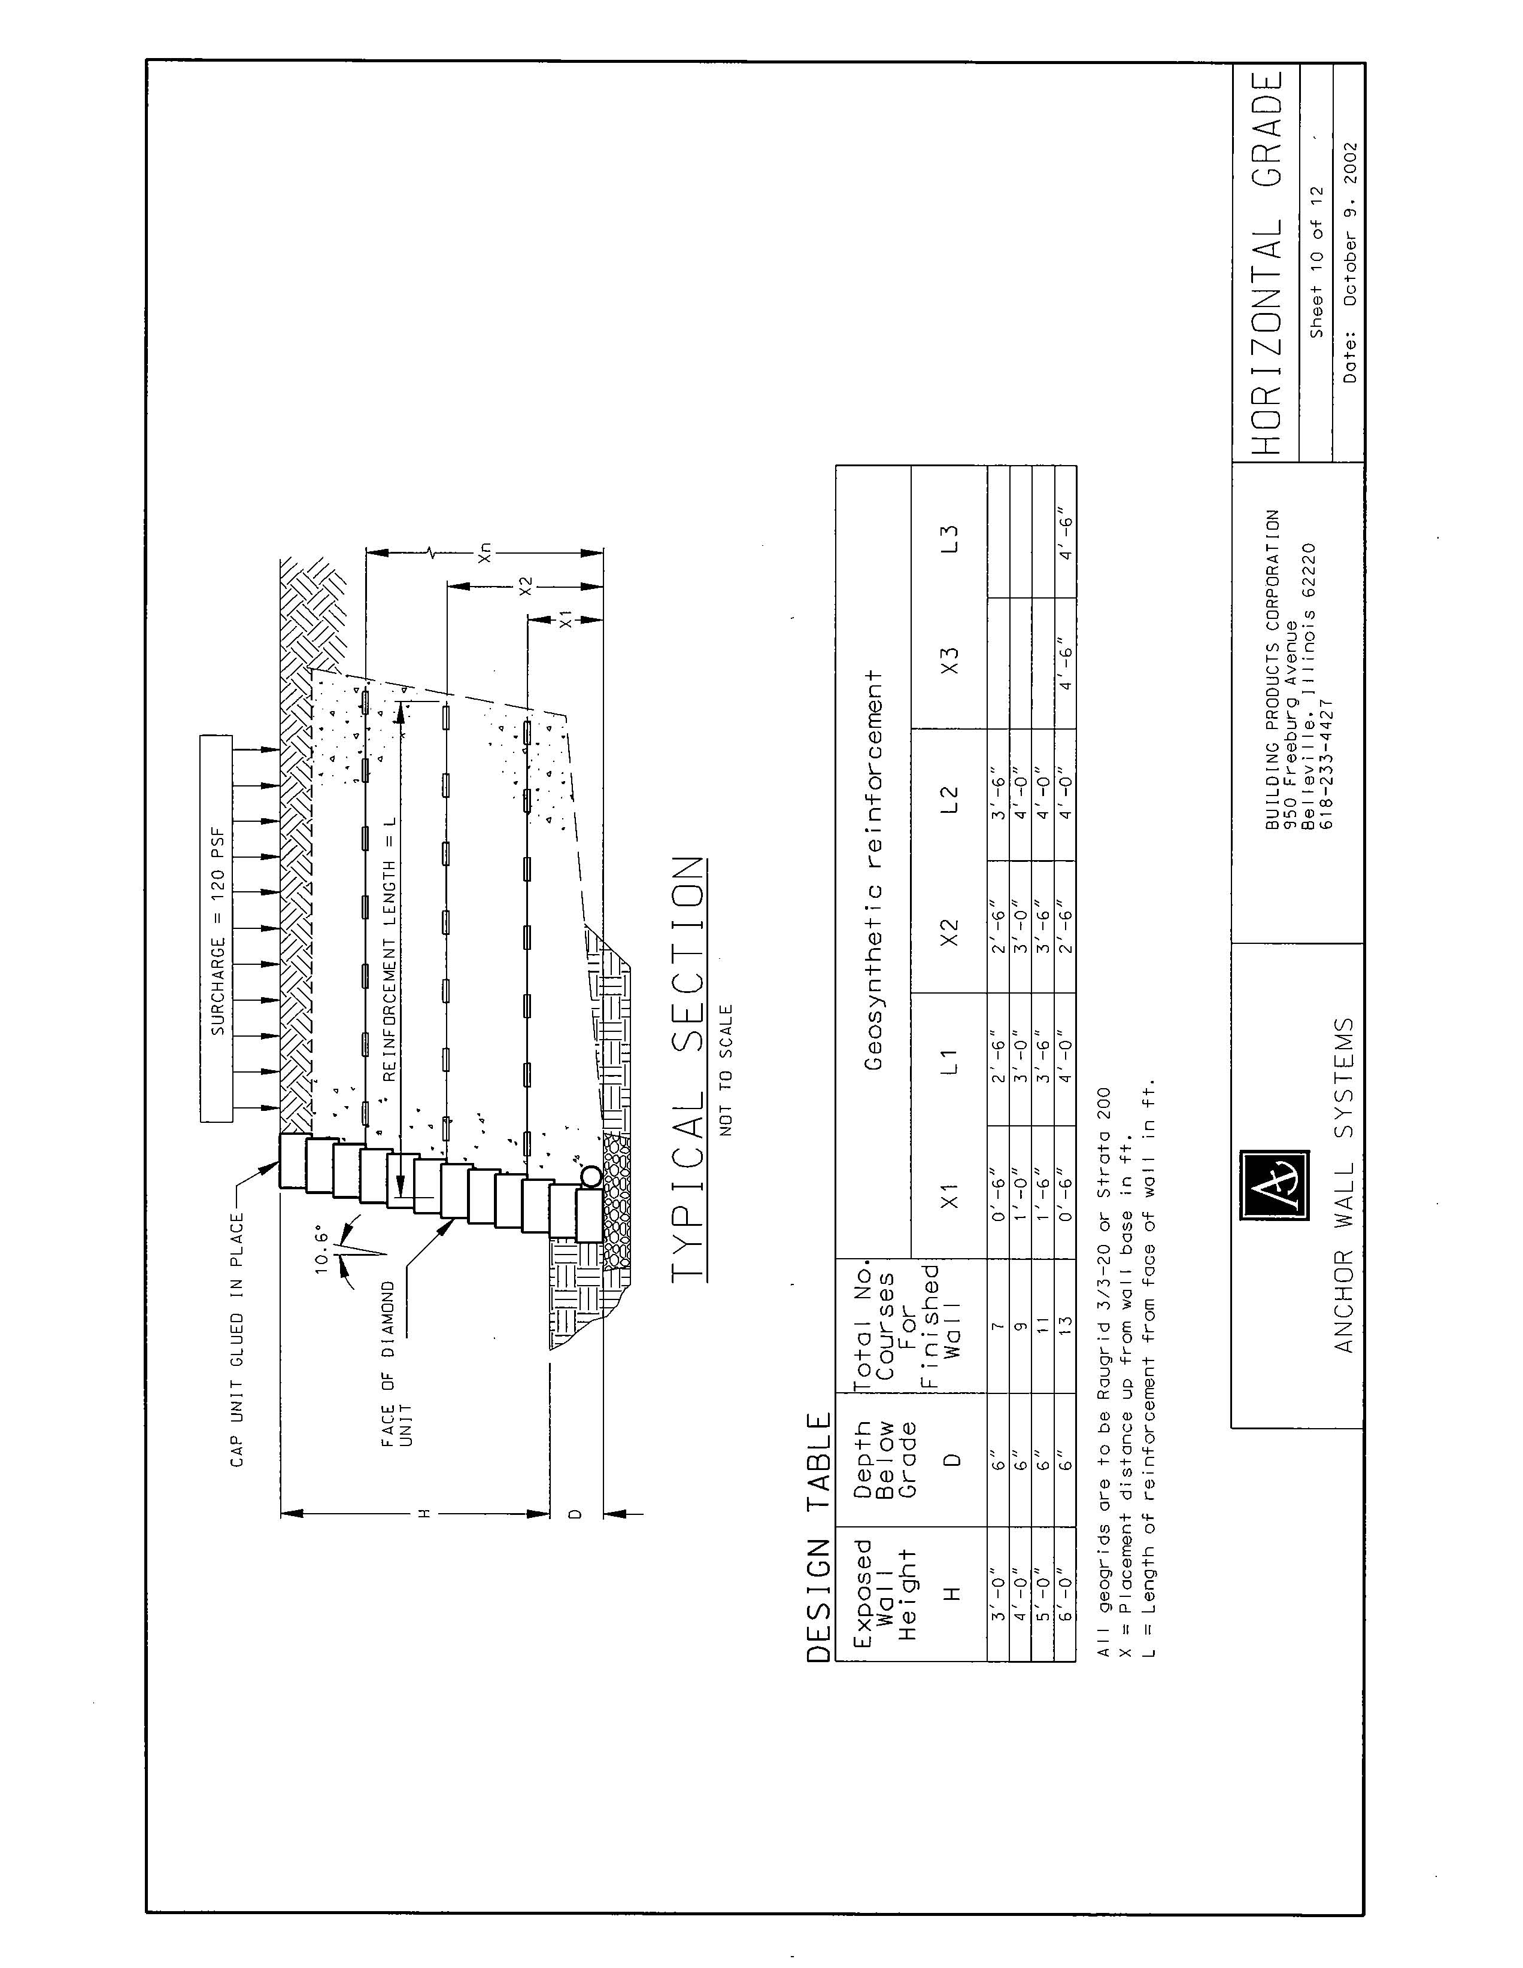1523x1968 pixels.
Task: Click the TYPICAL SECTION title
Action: [x=688, y=1067]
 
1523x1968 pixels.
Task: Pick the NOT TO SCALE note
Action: [x=726, y=1069]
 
